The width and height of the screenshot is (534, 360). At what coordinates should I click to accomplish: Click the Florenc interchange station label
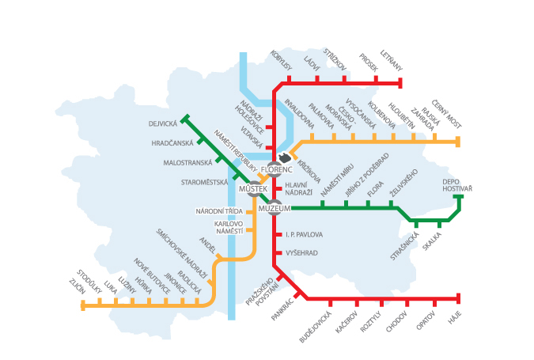(277, 170)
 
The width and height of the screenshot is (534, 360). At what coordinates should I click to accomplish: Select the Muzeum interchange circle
(275, 208)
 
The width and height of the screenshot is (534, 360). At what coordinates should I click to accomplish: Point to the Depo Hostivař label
(457, 185)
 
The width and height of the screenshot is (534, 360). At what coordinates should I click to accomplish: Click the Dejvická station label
(162, 123)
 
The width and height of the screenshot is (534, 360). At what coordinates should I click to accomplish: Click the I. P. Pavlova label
(304, 235)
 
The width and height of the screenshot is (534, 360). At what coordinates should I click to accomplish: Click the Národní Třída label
(219, 211)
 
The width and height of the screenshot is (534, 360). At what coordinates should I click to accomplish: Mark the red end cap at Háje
(459, 298)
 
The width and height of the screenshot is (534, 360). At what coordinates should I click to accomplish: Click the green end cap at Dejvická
(184, 119)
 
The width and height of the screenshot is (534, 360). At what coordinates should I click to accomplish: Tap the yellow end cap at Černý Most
(458, 142)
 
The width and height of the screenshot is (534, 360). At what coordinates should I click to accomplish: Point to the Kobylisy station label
(282, 62)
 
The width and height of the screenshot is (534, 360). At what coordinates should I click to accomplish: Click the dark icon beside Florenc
(285, 159)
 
